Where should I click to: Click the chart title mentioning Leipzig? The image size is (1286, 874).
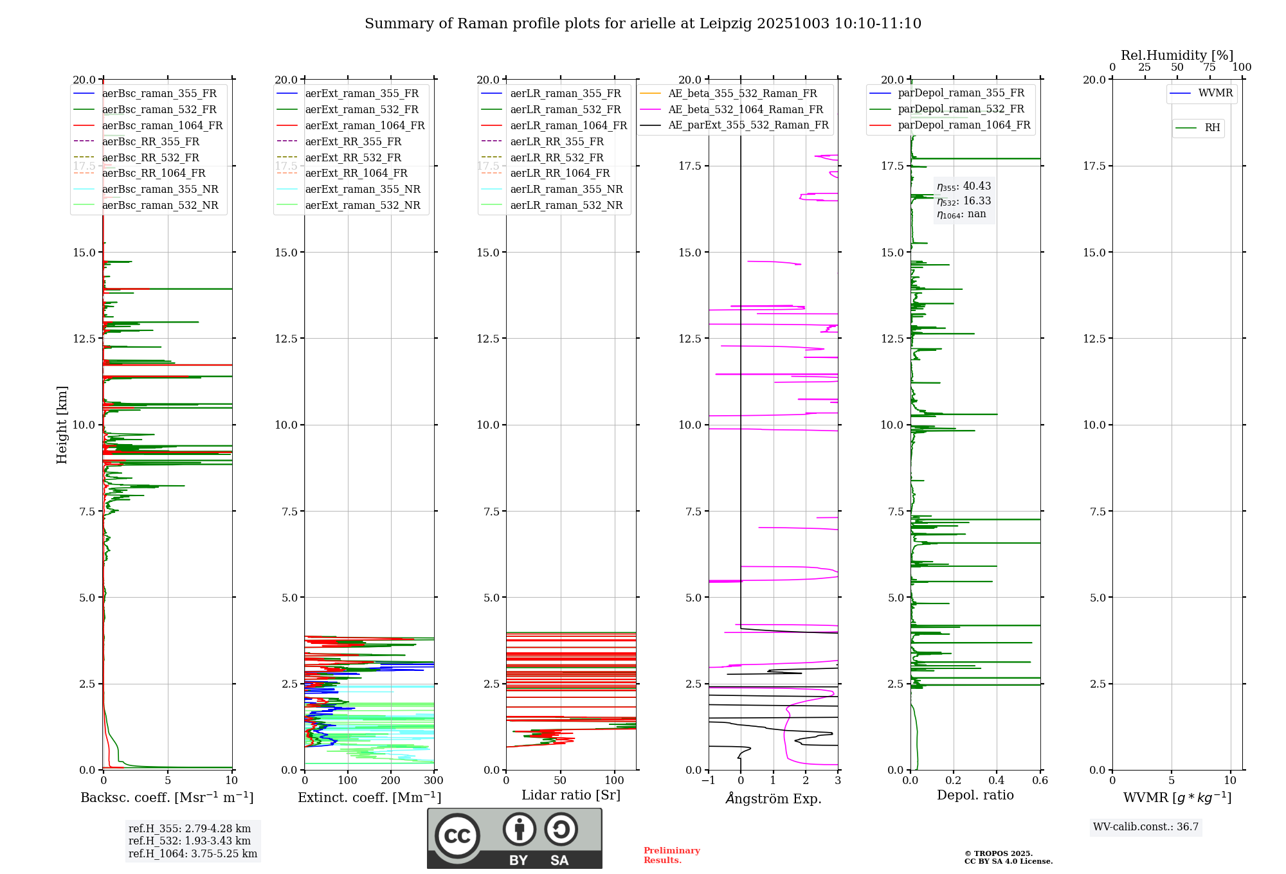point(642,24)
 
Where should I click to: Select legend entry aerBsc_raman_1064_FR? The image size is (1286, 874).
point(162,125)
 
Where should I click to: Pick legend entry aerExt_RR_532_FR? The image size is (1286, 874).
point(352,157)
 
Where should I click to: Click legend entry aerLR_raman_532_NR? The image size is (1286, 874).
point(566,205)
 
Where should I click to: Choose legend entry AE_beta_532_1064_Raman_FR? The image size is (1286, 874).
point(745,109)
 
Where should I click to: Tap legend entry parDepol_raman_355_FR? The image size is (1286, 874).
point(961,93)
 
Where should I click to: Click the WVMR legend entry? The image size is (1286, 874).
point(1215,93)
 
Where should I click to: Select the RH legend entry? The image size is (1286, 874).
point(1211,128)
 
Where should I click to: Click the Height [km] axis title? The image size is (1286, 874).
point(62,424)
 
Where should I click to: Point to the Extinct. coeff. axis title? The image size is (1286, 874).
point(369,798)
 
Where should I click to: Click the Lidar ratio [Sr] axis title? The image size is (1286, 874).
point(570,795)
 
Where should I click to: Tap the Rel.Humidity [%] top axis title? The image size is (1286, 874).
point(1177,55)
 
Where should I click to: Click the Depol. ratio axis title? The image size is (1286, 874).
point(975,795)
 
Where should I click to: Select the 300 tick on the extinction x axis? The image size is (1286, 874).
point(434,781)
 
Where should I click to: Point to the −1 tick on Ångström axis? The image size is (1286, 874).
point(708,781)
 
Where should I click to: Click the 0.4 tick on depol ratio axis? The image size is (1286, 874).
point(997,781)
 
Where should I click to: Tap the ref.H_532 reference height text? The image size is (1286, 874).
point(190,841)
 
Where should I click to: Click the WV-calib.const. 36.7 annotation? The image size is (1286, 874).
point(1146,826)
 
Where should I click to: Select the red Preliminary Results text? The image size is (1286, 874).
point(671,855)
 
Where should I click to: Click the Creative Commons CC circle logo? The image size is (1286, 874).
point(457,836)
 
